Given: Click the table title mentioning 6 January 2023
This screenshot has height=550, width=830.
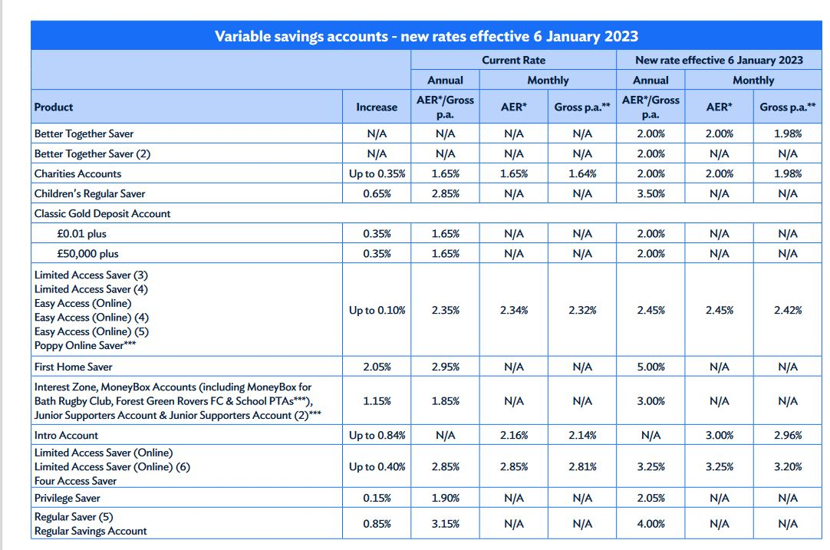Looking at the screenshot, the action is coord(426,36).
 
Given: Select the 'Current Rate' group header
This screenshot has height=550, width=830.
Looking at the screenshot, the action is coord(513,60).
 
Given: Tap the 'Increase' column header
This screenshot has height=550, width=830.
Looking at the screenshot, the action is coord(377,107).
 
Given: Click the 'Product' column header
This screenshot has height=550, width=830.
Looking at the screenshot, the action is coord(54,107).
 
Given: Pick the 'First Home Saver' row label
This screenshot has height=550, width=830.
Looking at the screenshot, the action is coord(73,367).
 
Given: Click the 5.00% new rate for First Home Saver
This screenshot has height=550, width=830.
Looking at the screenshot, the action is coord(650,367).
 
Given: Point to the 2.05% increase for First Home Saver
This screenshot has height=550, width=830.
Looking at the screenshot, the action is coord(377,367).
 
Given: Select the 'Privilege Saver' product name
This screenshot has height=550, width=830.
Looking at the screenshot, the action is coord(68,498).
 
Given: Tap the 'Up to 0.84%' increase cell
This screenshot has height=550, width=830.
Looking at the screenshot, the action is coord(377,435).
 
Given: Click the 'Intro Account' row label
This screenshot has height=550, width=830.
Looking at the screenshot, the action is coord(66,435).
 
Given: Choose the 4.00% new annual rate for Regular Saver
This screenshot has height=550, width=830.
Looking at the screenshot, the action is coord(650,523).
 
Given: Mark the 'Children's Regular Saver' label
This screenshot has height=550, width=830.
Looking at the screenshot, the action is coord(90,194).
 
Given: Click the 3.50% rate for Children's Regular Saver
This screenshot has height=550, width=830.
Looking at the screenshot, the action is coord(650,194).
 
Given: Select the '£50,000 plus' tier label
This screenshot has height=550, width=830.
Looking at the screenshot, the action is coord(88,254).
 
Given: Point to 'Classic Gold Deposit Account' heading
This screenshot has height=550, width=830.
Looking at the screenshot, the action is coord(102,213).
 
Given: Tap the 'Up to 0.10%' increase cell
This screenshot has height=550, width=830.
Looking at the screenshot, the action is coord(377,310).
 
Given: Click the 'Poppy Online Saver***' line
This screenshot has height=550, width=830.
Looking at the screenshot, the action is coord(85,345).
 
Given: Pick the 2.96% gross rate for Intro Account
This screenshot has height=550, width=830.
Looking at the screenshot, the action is coord(788,435).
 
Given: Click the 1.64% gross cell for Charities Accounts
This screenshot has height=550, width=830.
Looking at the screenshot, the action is coord(582,173).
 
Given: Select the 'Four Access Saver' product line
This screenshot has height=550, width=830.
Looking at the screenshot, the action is coord(75,481).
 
